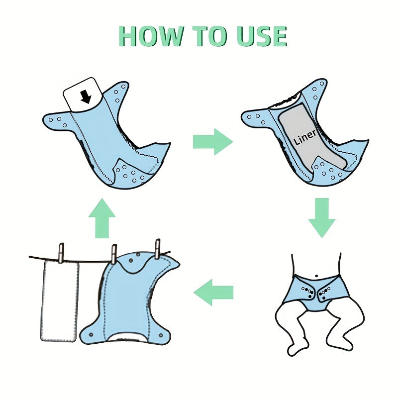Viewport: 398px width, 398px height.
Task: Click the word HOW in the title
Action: tap(152, 36)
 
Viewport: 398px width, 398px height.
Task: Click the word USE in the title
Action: tap(262, 36)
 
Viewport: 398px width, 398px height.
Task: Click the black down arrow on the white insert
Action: tap(86, 97)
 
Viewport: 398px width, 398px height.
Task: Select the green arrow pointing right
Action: tap(213, 142)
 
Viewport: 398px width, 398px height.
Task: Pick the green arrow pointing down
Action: tap(322, 218)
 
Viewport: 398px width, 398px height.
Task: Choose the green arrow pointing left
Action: tap(213, 293)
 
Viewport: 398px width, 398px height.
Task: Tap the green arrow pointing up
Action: tap(102, 218)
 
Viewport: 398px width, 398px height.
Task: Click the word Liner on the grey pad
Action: tap(305, 137)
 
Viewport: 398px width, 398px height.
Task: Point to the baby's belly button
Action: tap(316, 276)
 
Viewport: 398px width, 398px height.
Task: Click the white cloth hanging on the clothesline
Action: tap(60, 301)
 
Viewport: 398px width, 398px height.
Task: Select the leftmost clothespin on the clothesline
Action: tap(61, 253)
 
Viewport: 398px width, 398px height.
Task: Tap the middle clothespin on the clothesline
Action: tap(114, 254)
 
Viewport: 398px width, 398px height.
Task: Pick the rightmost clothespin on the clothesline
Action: tap(158, 249)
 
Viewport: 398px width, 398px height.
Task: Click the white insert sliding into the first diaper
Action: tap(83, 94)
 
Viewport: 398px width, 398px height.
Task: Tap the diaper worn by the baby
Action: tap(316, 293)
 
